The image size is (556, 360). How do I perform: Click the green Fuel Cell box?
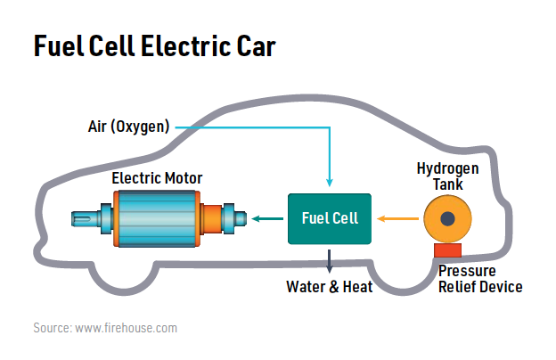[330, 217]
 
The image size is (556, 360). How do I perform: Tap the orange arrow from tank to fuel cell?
[396, 217]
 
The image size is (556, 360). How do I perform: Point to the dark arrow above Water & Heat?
[330, 260]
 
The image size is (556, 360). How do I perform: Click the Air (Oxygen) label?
[128, 127]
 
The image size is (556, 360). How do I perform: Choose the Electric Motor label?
[157, 178]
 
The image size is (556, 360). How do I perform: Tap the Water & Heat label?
[329, 287]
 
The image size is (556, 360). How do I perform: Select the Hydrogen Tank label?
[448, 176]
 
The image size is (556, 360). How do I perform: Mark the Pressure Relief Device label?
[480, 279]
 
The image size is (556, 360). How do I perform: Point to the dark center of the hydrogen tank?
[448, 218]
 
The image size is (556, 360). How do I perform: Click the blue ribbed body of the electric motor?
[156, 218]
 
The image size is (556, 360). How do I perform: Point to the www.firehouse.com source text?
[126, 328]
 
